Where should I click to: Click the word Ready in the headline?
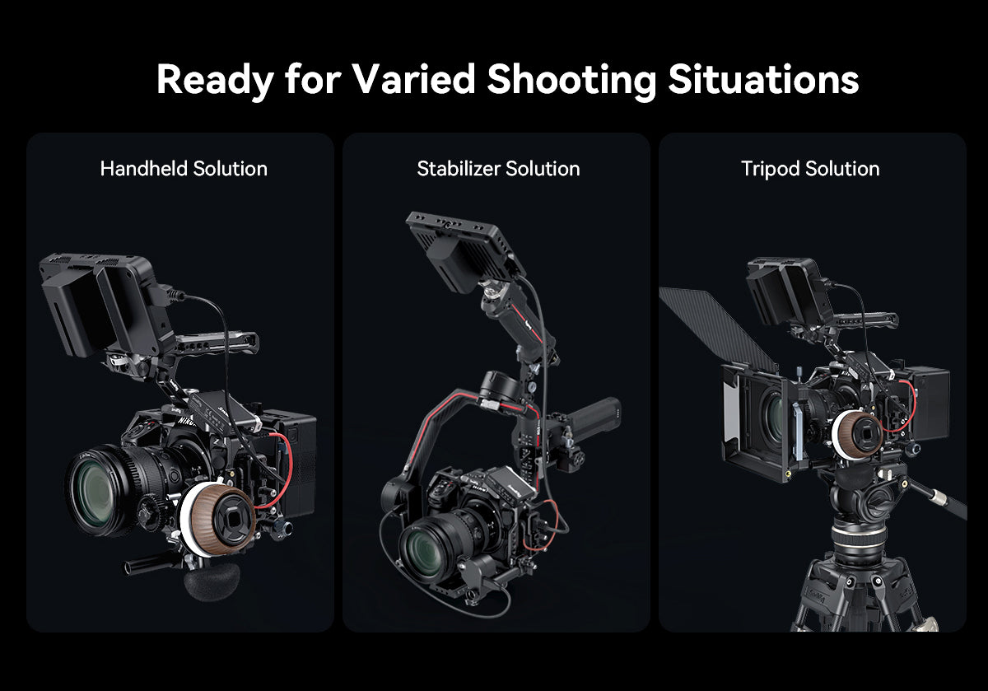point(214,79)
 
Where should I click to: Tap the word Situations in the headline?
point(763,79)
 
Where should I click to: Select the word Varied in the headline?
point(414,79)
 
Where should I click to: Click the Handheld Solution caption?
point(184,169)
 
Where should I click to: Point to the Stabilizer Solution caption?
point(498,169)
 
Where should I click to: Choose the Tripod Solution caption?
point(810,169)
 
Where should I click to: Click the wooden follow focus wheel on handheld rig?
point(220,516)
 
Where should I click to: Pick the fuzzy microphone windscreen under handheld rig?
point(212,581)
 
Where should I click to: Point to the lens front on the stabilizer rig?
point(429,550)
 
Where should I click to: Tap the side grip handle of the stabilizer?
point(597,420)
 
